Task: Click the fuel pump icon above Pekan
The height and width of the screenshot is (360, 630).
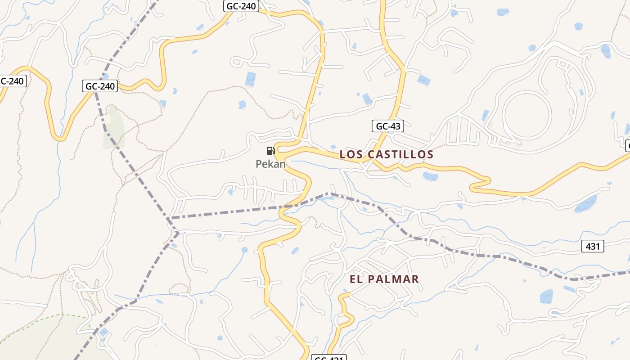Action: tap(270, 150)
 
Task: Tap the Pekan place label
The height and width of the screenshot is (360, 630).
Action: tap(270, 164)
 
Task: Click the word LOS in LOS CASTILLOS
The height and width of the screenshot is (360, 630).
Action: tap(351, 154)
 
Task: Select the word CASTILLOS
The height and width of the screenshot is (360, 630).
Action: tap(400, 154)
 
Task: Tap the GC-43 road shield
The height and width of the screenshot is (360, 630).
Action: tap(387, 126)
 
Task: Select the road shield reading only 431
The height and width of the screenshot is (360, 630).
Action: tap(593, 246)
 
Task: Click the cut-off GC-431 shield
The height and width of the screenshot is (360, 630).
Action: tap(329, 358)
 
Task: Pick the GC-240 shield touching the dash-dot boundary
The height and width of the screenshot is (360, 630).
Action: tap(100, 86)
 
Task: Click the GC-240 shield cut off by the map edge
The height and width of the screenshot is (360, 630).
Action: tap(13, 81)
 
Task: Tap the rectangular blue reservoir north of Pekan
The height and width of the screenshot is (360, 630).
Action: tap(251, 79)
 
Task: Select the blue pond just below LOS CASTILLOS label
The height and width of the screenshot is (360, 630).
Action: tap(430, 175)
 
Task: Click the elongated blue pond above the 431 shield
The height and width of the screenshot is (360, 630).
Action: tap(585, 204)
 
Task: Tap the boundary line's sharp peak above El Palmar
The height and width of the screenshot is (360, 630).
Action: tap(331, 193)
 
